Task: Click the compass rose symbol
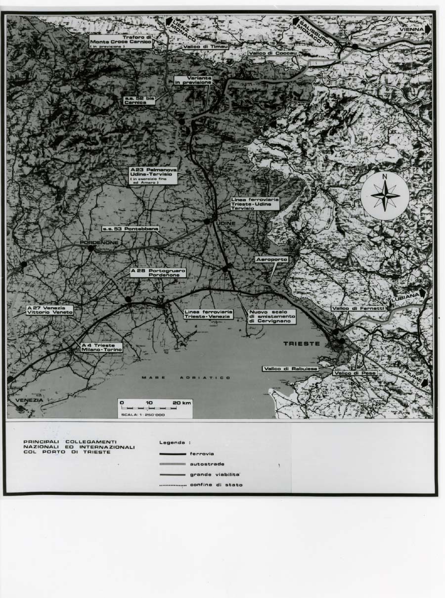[x=385, y=196]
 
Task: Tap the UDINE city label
[x=226, y=224]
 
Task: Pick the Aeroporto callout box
[x=271, y=259]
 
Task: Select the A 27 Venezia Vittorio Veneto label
[x=50, y=310]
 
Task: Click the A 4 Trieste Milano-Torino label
[x=101, y=347]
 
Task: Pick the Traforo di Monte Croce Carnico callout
[x=121, y=41]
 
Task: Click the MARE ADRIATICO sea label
[x=186, y=378]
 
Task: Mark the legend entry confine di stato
[x=201, y=485]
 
